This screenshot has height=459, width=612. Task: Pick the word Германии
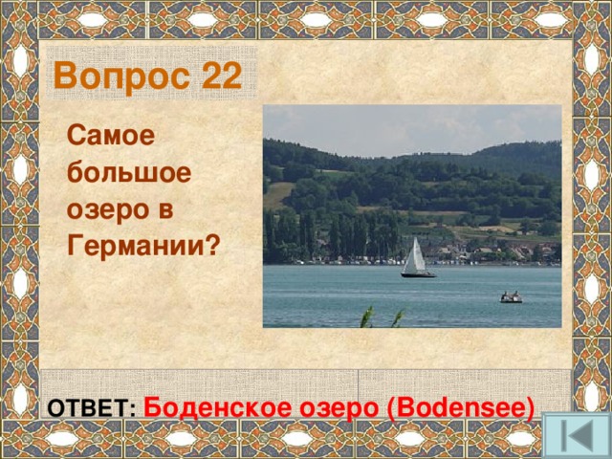tap(136, 244)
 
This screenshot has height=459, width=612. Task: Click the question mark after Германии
tap(212, 244)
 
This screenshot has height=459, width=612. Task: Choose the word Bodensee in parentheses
tap(461, 405)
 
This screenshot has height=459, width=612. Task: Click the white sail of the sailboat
tap(415, 256)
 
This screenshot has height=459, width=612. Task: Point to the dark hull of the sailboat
tap(418, 275)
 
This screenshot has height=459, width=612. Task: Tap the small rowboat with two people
tap(512, 298)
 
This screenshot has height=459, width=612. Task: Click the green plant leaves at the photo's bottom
tap(368, 318)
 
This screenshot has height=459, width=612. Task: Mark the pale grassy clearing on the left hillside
tap(278, 194)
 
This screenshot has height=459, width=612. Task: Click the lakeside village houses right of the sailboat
tap(497, 251)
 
